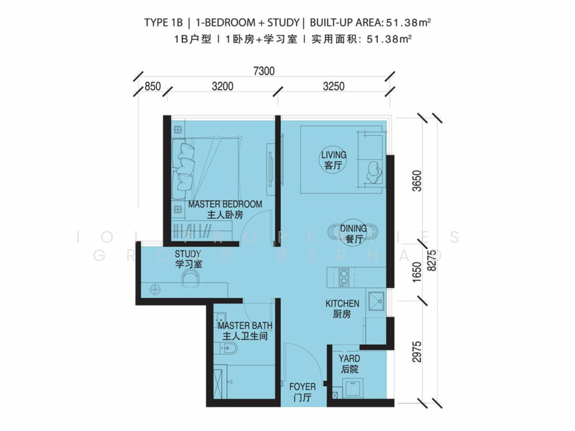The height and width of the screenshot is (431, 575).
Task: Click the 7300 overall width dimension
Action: point(264,71)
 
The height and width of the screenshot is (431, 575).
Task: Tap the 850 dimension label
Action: point(153,86)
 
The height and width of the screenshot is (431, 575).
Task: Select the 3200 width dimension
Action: point(222,86)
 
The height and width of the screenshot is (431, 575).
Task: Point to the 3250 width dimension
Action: point(333,86)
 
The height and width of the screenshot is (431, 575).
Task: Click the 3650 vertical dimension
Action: point(417,181)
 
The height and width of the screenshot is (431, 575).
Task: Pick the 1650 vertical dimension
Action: point(417,272)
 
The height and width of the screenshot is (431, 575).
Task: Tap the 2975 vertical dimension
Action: point(417,352)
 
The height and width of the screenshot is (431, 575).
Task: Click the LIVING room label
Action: point(333,155)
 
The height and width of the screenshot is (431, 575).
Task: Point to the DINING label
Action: point(353,228)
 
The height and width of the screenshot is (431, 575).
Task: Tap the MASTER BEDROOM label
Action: point(225,204)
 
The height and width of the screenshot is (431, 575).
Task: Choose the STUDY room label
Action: point(188,254)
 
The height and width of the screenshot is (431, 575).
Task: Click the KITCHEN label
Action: point(342,303)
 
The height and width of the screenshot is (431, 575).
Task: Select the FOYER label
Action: point(302,387)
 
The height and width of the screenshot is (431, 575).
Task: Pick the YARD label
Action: point(349,359)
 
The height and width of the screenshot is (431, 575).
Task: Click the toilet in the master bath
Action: point(225,348)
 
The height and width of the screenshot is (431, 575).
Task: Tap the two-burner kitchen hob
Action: point(344,277)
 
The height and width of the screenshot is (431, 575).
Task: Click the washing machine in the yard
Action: point(353,388)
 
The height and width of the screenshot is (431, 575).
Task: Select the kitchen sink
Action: point(376,301)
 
